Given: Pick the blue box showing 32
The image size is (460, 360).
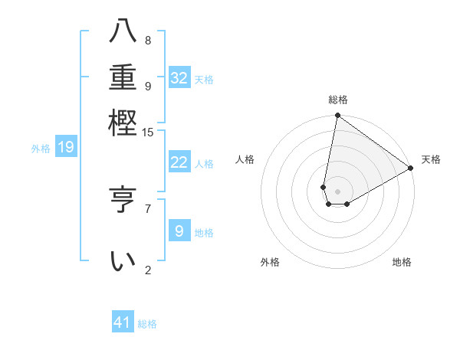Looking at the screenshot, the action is (179, 77).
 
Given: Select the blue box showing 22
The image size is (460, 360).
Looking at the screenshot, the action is (179, 162).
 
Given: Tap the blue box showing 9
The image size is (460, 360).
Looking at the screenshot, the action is (179, 231).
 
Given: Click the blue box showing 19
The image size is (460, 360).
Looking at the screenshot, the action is (66, 147).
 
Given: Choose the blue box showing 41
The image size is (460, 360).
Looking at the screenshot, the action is (123, 322).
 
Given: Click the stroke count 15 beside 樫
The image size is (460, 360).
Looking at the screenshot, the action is (148, 133).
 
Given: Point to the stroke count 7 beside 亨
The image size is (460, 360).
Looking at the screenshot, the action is (148, 208).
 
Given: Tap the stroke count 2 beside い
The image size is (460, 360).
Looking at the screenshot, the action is (148, 270).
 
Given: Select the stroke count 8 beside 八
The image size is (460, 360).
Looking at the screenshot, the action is (148, 41).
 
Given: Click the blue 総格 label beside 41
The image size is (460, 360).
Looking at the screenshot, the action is (147, 324).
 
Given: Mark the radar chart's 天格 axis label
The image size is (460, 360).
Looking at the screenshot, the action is (431, 159).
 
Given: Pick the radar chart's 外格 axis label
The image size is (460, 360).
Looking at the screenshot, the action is (270, 262).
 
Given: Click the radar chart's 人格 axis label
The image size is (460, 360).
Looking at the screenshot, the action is (245, 159).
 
